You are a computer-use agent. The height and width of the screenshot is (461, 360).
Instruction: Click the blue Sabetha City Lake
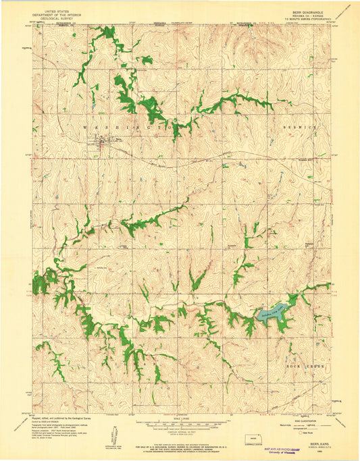tap(273, 311)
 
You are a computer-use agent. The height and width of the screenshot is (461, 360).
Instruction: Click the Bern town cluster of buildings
tap(103, 142)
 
